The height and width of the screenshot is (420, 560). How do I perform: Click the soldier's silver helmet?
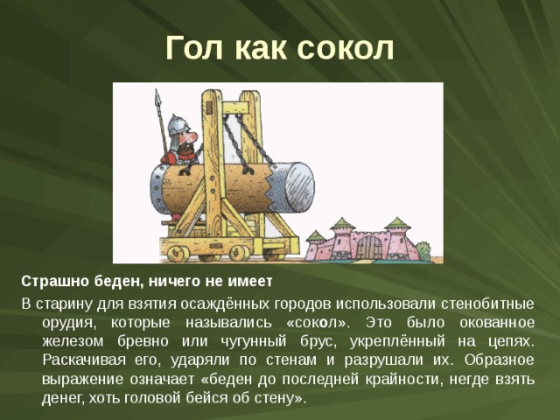coord(178,124)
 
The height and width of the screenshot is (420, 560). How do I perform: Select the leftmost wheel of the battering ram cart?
coord(178,253)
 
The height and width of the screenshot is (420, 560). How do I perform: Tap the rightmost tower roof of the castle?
coord(398,224)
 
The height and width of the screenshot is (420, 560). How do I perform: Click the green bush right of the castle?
coord(423,251)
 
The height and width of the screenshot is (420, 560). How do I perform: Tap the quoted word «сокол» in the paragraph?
coord(318,322)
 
